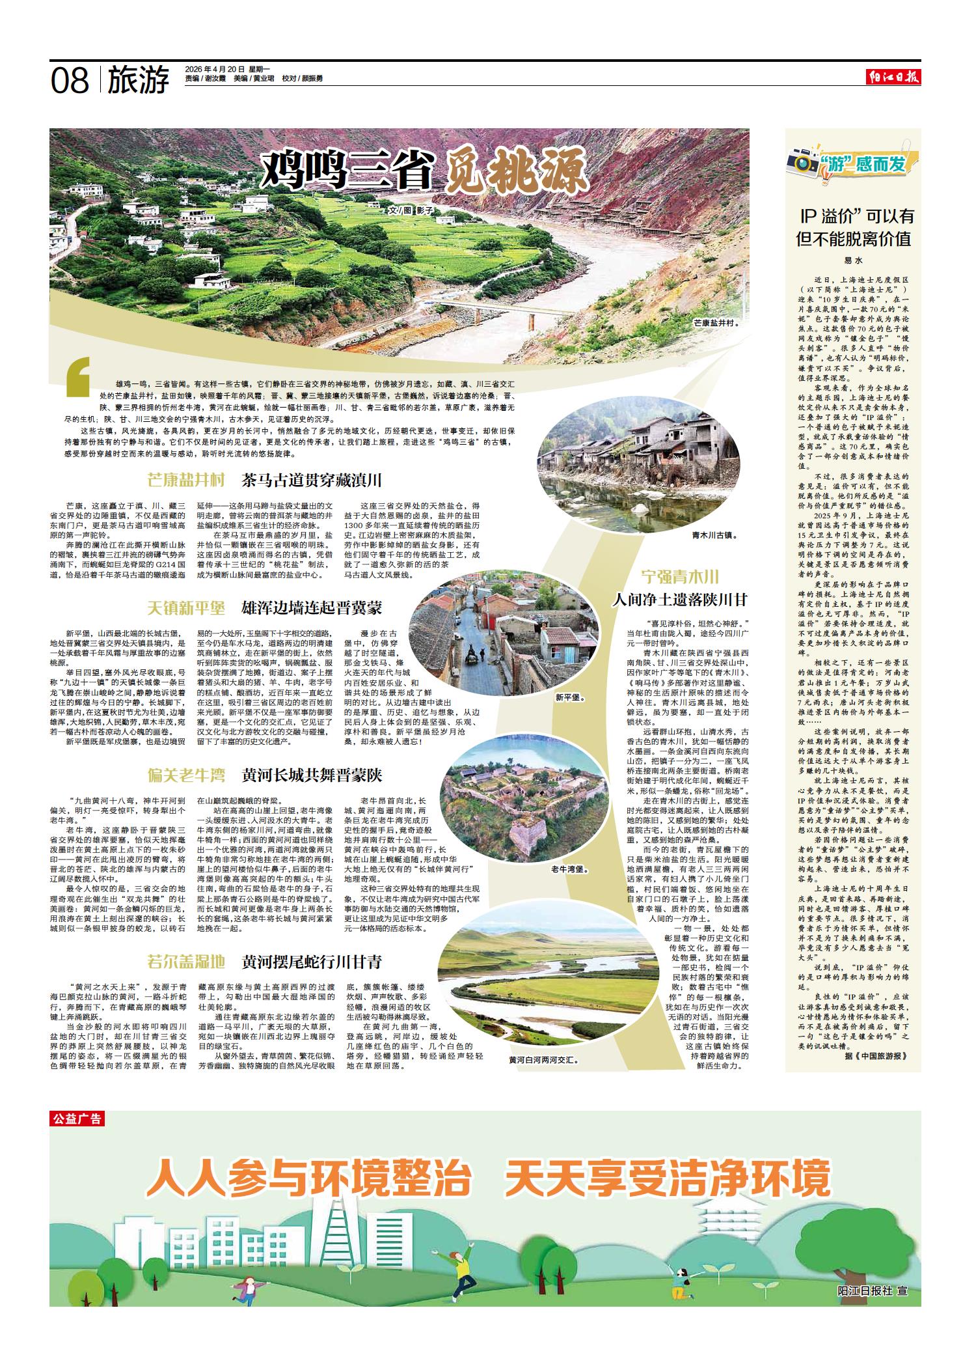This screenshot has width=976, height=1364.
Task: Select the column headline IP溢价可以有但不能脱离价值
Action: pos(856,227)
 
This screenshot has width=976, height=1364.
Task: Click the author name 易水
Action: pos(853,260)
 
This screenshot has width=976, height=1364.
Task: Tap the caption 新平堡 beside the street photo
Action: pos(570,697)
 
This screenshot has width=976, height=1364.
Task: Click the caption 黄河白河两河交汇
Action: pos(544,1060)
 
